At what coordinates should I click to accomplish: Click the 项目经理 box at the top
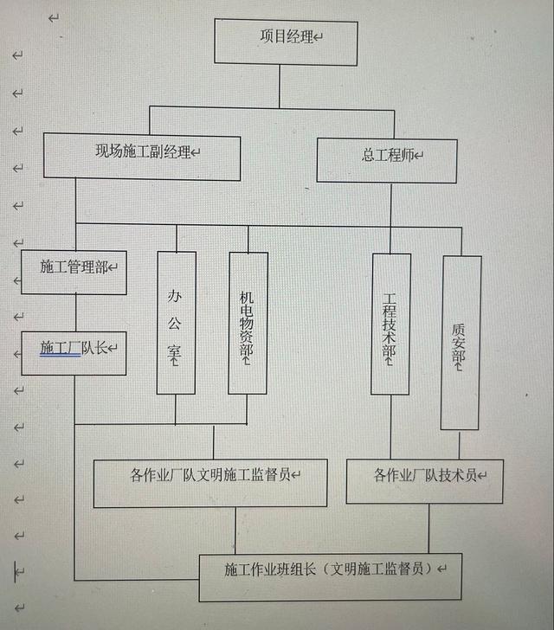(285, 41)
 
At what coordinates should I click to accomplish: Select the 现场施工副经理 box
(142, 156)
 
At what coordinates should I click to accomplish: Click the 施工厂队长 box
(74, 352)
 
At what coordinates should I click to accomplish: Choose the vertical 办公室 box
(176, 322)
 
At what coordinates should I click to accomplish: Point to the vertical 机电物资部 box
(248, 322)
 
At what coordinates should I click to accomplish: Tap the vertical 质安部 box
(460, 342)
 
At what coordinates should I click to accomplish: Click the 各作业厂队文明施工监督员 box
(209, 482)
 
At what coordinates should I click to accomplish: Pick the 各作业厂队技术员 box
(424, 481)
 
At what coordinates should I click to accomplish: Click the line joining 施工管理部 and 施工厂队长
(75, 312)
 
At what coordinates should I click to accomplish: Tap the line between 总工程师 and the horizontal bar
(390, 204)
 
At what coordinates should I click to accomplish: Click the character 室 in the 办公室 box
(176, 355)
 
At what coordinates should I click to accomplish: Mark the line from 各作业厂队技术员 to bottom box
(428, 528)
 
